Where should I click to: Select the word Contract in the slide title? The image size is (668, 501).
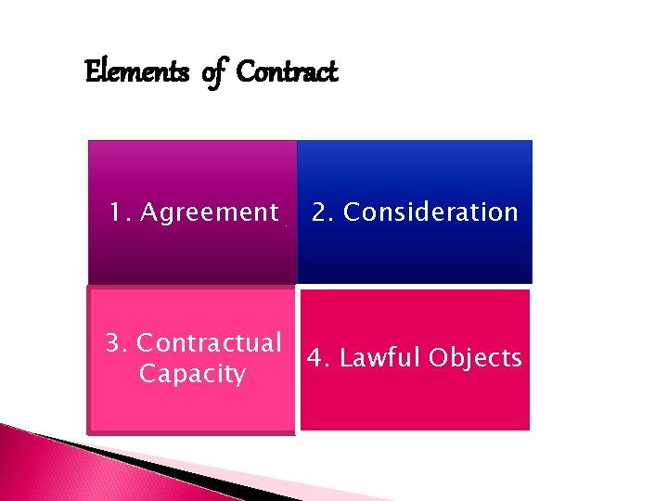pyautogui.click(x=287, y=71)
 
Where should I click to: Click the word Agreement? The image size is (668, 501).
pyautogui.click(x=208, y=212)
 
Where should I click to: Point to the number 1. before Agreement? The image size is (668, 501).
pyautogui.click(x=120, y=212)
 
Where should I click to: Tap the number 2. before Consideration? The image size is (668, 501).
pyautogui.click(x=324, y=212)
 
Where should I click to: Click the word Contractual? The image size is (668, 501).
pyautogui.click(x=209, y=343)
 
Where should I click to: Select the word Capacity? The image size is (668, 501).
pyautogui.click(x=192, y=374)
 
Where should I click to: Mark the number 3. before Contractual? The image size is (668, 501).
pyautogui.click(x=117, y=343)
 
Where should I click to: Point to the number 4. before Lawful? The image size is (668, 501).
pyautogui.click(x=318, y=358)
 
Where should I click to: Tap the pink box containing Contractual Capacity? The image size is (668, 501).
pyautogui.click(x=191, y=408)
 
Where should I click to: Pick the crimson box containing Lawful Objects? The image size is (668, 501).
pyautogui.click(x=415, y=404)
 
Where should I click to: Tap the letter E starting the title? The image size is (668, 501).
pyautogui.click(x=91, y=71)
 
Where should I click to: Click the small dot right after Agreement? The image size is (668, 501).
pyautogui.click(x=286, y=225)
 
